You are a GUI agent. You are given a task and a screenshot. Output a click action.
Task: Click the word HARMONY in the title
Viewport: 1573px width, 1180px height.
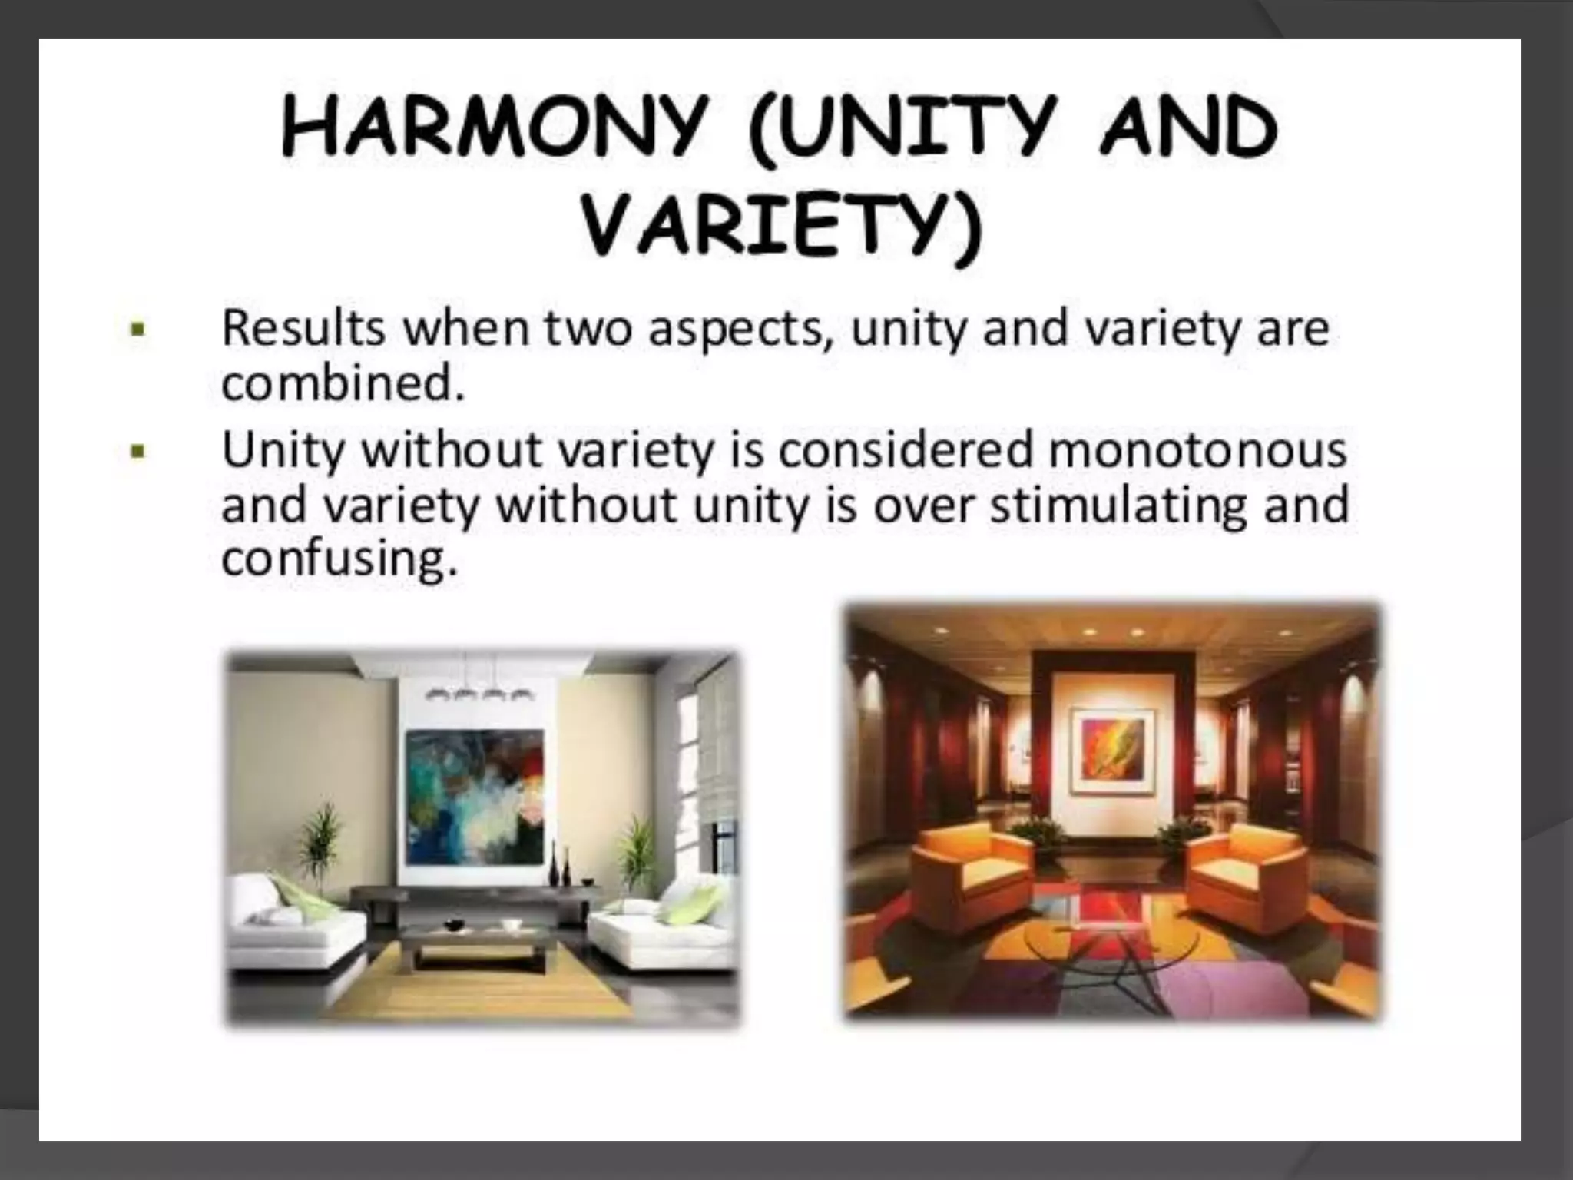point(492,128)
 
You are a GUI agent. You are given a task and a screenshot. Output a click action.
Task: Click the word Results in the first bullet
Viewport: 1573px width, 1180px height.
point(303,329)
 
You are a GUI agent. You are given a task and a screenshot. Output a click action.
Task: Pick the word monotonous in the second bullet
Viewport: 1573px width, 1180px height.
point(1197,450)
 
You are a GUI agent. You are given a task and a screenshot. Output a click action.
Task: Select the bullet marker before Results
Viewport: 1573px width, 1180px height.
point(138,331)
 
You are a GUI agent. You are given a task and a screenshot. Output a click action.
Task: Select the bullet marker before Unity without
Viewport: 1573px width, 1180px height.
point(138,452)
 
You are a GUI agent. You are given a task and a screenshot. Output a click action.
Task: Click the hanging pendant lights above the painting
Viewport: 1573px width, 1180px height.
point(479,694)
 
